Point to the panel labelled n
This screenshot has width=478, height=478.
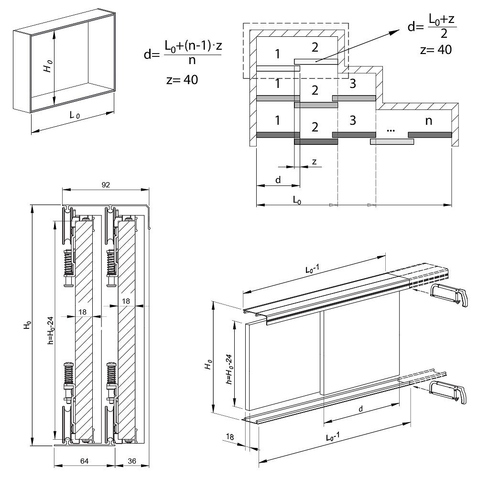pyautogui.click(x=428, y=121)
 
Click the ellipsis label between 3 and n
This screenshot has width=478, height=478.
pyautogui.click(x=391, y=130)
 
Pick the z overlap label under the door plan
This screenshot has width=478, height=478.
pyautogui.click(x=314, y=162)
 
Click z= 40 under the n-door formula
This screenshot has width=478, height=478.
pyautogui.click(x=182, y=79)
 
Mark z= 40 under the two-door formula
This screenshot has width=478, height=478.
pyautogui.click(x=435, y=50)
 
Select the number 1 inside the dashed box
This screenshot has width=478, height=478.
pyautogui.click(x=277, y=54)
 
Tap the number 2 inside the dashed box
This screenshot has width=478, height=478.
pyautogui.click(x=314, y=47)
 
